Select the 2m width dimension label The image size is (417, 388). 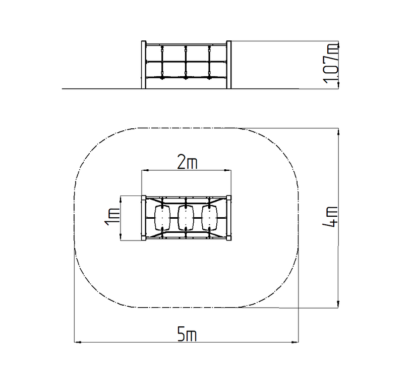click(187, 163)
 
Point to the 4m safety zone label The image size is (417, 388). click(330, 217)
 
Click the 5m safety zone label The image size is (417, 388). click(187, 334)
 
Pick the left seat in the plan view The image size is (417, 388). click(162, 217)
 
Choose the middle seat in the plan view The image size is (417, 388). click(186, 217)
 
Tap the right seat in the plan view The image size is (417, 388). click(209, 217)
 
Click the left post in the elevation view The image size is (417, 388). click(144, 65)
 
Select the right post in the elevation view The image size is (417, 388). click(229, 65)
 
